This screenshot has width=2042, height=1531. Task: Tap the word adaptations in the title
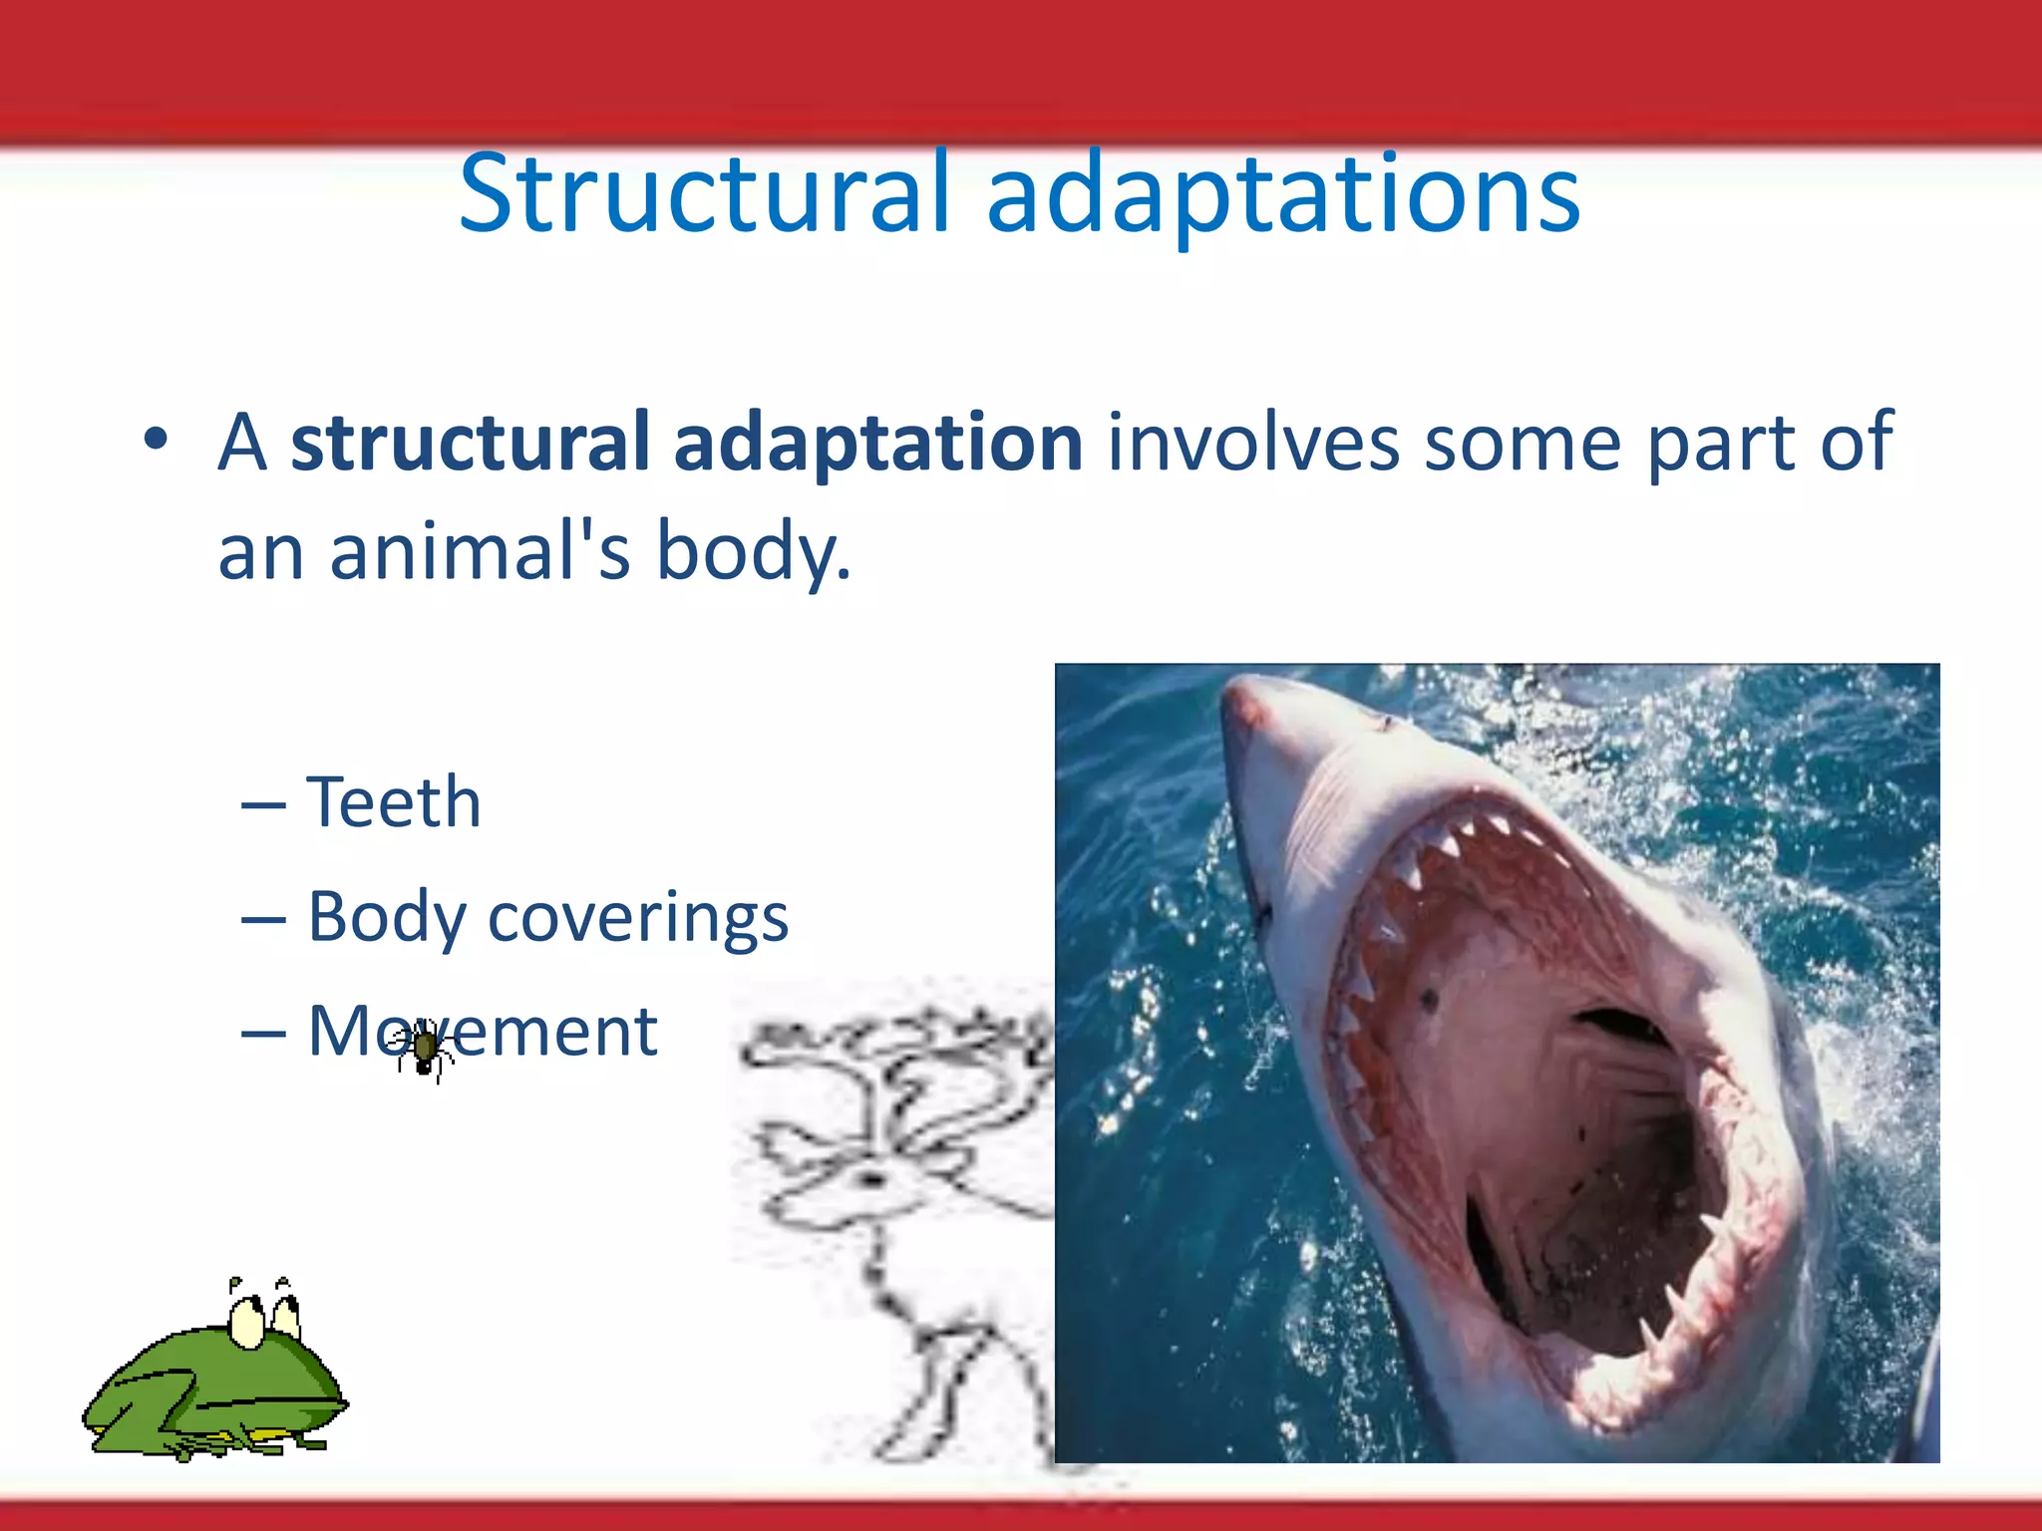pyautogui.click(x=1283, y=194)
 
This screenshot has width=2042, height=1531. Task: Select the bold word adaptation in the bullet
pyautogui.click(x=878, y=443)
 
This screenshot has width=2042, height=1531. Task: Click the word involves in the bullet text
pyautogui.click(x=1252, y=443)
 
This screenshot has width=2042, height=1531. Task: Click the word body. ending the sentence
pyautogui.click(x=753, y=553)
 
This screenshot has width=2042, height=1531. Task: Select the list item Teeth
pyautogui.click(x=394, y=801)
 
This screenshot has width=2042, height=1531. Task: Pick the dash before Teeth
pyautogui.click(x=263, y=803)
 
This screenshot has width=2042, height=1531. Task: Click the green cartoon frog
pyautogui.click(x=214, y=1385)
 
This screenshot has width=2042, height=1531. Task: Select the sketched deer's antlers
pyautogui.click(x=897, y=1057)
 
